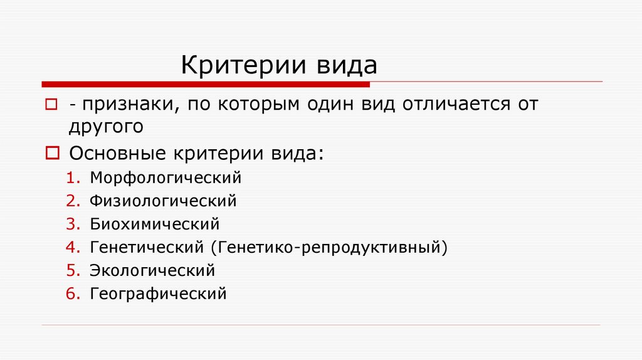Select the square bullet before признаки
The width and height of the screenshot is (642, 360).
pos(51,103)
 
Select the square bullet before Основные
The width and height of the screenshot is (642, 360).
pos(53,152)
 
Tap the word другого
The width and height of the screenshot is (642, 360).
pos(107,127)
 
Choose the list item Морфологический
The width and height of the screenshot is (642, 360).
pos(166,177)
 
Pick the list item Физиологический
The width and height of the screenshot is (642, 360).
pos(163,201)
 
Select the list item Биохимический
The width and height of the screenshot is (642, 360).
pos(155,224)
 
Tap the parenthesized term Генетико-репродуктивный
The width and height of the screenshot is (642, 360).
pos(332,247)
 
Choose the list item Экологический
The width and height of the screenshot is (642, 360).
pos(152,270)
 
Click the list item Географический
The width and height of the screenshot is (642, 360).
pos(158,293)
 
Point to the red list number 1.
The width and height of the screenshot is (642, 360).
pos(71,177)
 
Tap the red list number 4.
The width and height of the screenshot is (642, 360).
pos(71,247)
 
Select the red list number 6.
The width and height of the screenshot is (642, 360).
pos(71,293)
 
